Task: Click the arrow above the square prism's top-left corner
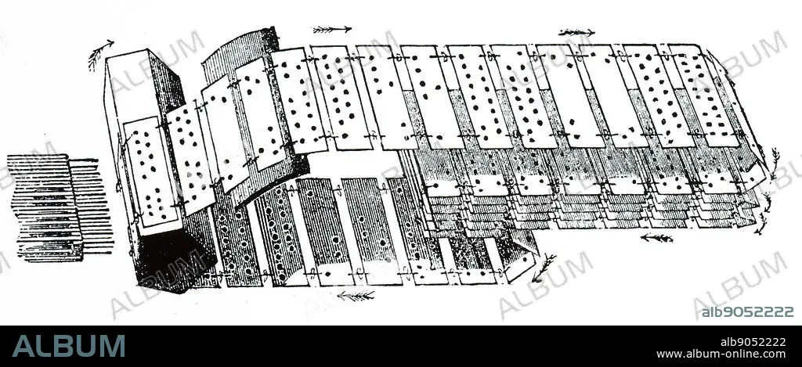coord(100,54)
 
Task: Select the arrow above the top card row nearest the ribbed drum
coord(331,30)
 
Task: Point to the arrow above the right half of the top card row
coord(576,32)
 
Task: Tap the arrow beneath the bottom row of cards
coord(356,295)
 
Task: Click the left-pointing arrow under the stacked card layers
coord(656,237)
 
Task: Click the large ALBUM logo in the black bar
coord(69,346)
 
